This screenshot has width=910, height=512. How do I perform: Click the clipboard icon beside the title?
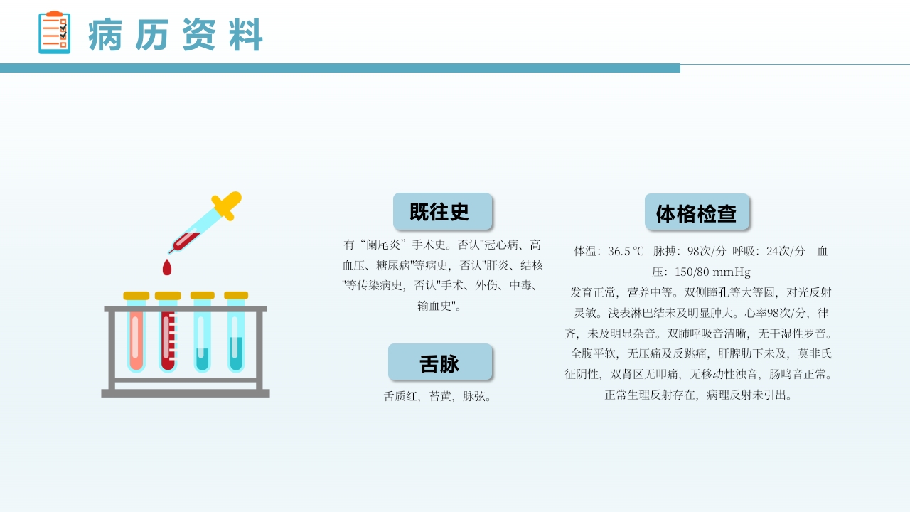point(54,33)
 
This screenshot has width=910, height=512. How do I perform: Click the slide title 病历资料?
point(176,35)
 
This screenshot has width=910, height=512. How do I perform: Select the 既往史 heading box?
point(442,211)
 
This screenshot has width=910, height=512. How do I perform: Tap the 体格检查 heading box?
point(697,213)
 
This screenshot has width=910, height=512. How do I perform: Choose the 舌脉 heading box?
point(440,363)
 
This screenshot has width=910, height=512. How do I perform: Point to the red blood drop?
point(167,267)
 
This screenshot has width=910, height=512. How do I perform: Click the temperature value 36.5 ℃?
point(626,251)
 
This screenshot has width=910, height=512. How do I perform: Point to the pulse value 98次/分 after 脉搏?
point(707,251)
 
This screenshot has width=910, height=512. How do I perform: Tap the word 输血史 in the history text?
point(435,306)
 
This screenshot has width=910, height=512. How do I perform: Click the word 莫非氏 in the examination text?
point(815,353)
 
